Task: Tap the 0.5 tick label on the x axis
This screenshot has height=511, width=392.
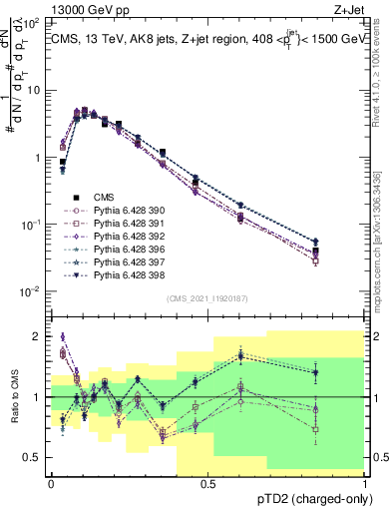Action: point(207,482)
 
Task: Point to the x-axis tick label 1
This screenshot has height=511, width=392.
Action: point(366,482)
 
